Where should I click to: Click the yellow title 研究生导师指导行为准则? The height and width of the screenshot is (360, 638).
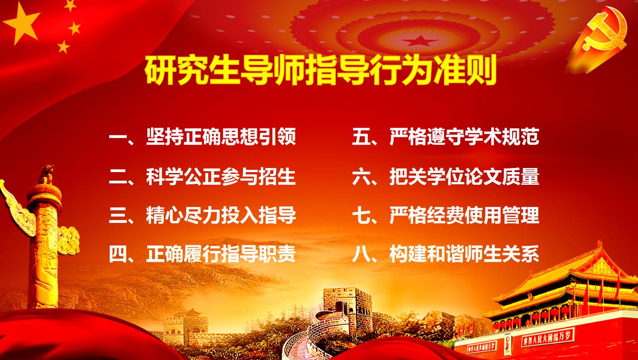pyautogui.click(x=321, y=70)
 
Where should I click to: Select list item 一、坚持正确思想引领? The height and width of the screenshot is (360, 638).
pyautogui.click(x=203, y=137)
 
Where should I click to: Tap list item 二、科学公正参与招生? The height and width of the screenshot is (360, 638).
pyautogui.click(x=203, y=177)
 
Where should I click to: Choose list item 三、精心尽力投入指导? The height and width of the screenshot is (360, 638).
pyautogui.click(x=203, y=216)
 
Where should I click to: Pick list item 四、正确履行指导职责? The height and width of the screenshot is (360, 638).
pyautogui.click(x=203, y=254)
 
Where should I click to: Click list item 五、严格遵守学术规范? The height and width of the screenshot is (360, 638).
pyautogui.click(x=446, y=137)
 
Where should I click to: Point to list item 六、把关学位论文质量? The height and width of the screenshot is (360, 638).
pyautogui.click(x=446, y=177)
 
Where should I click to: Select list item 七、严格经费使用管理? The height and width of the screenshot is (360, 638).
pyautogui.click(x=446, y=216)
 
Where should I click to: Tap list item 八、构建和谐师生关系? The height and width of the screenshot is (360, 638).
pyautogui.click(x=446, y=254)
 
